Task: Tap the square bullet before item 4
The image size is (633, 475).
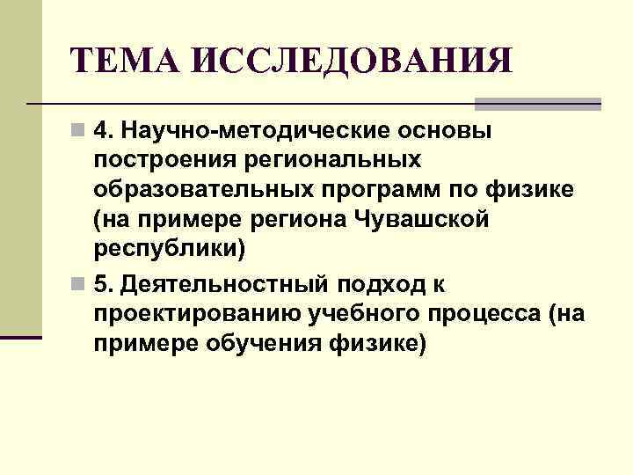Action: click(x=79, y=132)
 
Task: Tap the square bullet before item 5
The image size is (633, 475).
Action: click(x=79, y=285)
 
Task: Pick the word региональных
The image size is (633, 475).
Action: click(x=329, y=162)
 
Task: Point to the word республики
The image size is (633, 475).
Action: click(x=167, y=250)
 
